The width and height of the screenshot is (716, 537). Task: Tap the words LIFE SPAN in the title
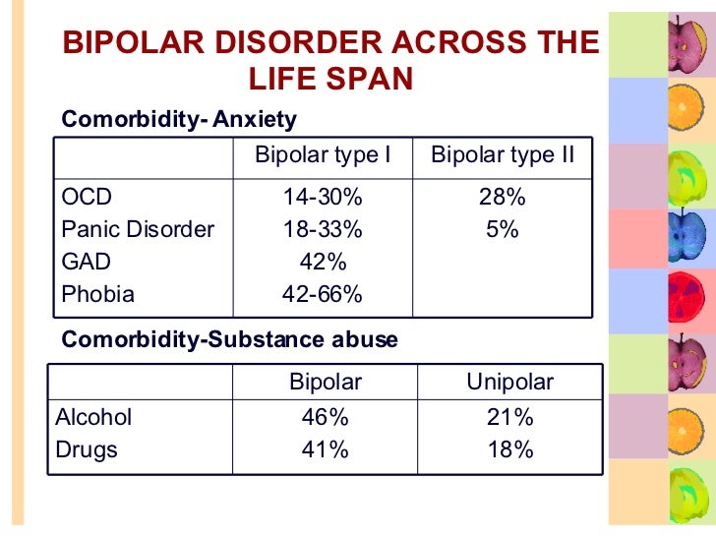coord(328,78)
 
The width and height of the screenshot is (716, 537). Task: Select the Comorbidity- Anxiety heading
coord(179,120)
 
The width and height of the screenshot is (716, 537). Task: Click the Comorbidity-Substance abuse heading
coord(229,339)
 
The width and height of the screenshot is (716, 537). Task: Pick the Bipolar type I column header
coord(323,155)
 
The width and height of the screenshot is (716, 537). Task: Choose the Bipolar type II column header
coord(503,155)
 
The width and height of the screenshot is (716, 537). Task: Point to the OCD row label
coord(87,197)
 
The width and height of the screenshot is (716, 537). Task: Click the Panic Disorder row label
coord(137,229)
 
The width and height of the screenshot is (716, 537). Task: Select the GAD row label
coord(86,262)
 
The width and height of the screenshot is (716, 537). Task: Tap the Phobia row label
coord(97,294)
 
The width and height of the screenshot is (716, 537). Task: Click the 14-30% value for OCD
coord(323,197)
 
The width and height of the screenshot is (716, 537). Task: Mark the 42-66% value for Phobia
coord(323,294)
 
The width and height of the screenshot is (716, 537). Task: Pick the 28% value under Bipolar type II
coord(503,197)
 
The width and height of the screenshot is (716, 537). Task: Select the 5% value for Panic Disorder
coord(503,229)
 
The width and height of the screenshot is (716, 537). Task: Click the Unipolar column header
coord(509,382)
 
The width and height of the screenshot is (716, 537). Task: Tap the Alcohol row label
coord(93,417)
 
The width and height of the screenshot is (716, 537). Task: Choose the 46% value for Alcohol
coord(325,417)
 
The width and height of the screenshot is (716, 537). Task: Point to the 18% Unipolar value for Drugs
coord(509,449)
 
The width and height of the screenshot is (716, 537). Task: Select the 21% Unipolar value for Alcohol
coord(509,417)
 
